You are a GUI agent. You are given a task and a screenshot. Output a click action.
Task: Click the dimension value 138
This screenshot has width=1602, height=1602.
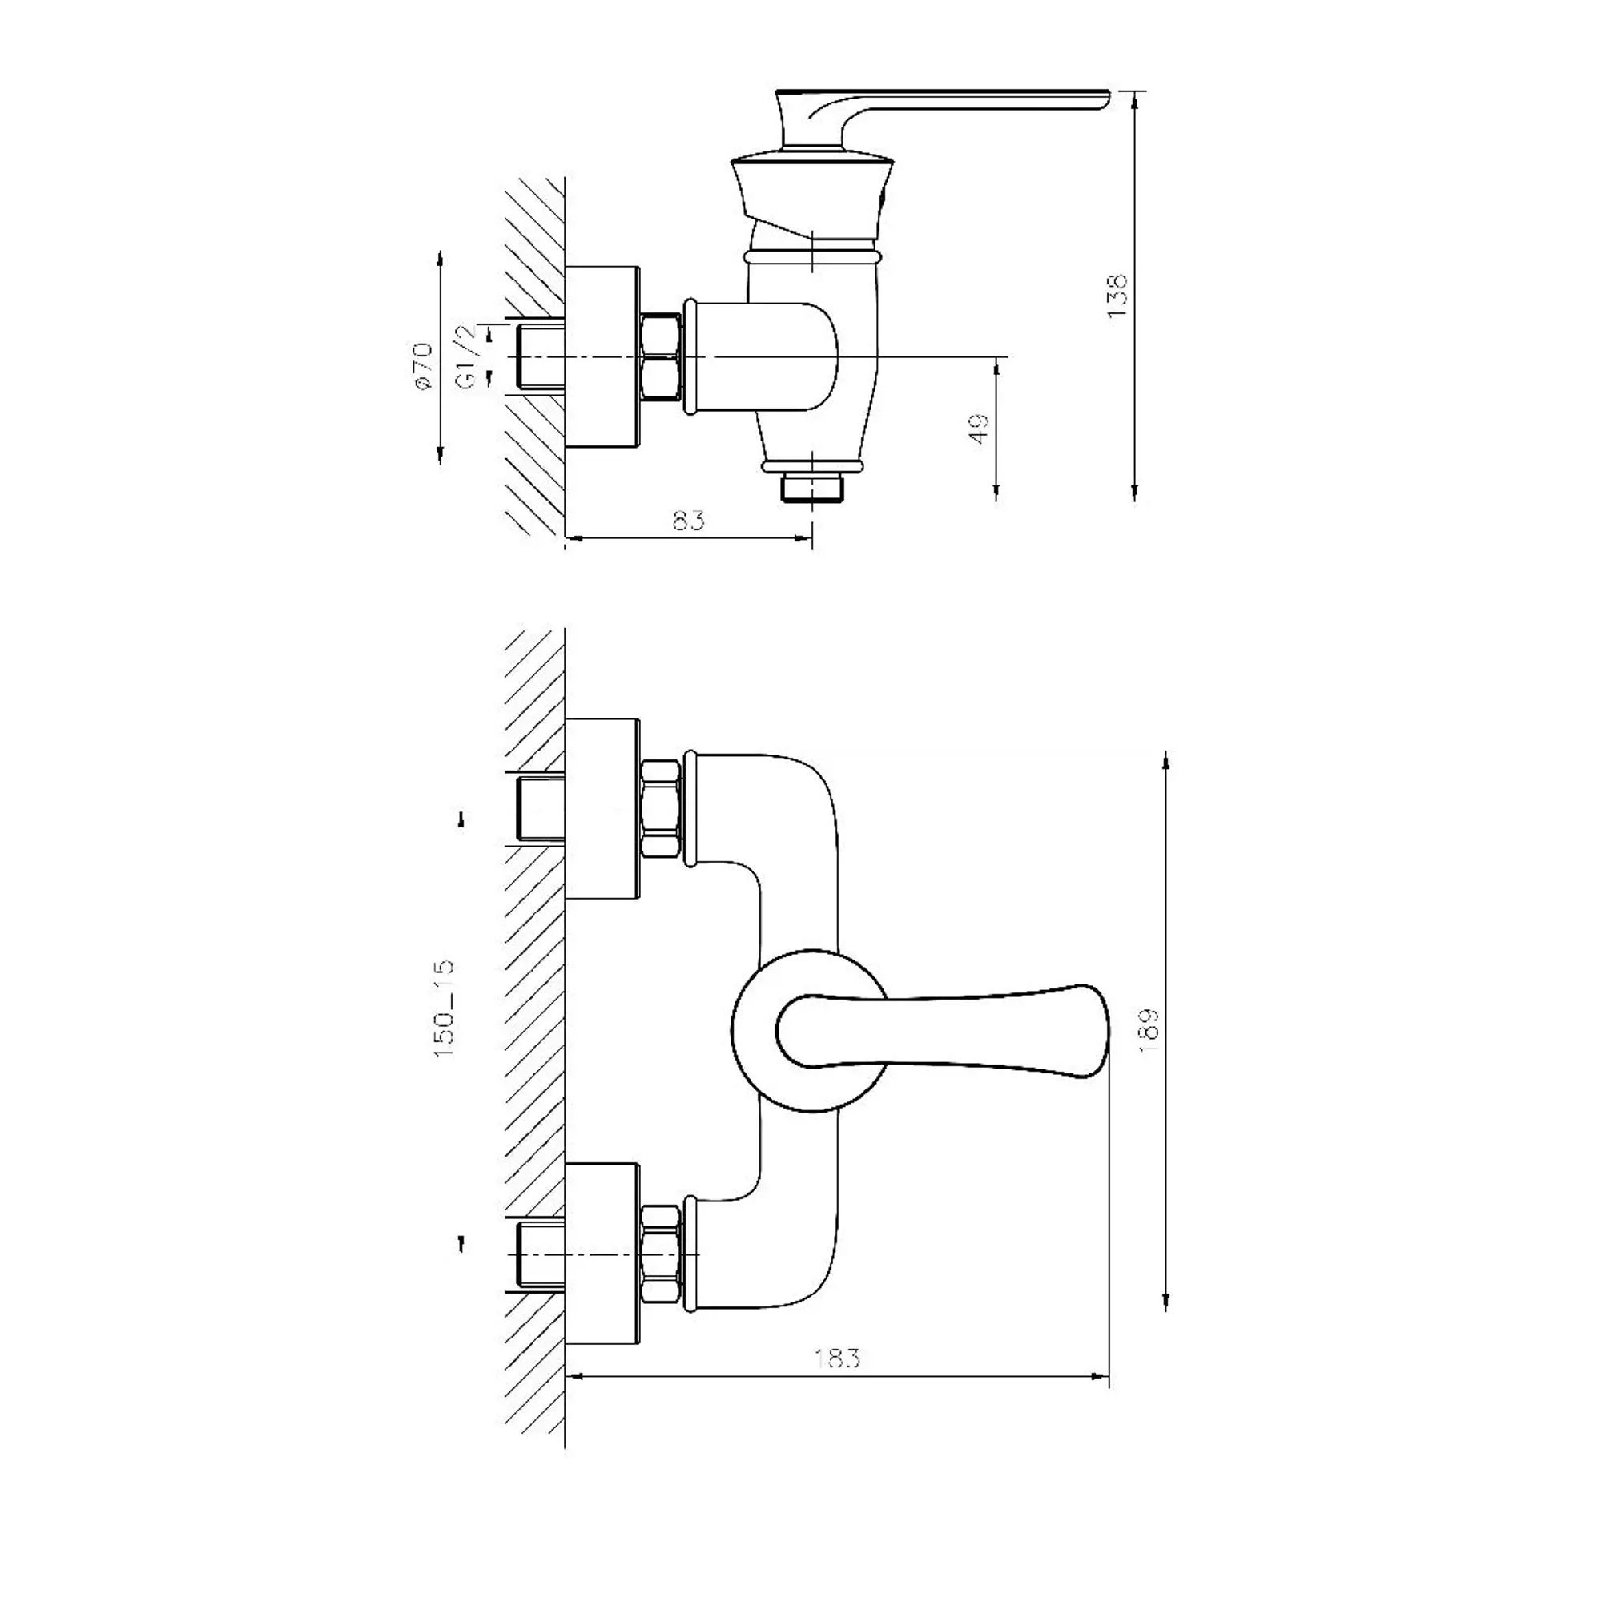1117,296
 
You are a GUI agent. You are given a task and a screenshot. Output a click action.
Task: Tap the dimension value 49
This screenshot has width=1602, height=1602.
980,429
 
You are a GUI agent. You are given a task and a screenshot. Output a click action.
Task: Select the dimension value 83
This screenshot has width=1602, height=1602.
688,521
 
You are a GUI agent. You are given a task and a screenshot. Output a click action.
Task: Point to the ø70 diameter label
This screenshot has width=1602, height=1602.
424,364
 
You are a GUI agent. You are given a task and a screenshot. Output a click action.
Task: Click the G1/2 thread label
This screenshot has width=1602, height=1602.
468,358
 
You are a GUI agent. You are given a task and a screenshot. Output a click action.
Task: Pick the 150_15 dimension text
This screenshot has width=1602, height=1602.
445,1008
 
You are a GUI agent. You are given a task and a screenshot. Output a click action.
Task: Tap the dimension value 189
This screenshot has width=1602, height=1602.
1149,1031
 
